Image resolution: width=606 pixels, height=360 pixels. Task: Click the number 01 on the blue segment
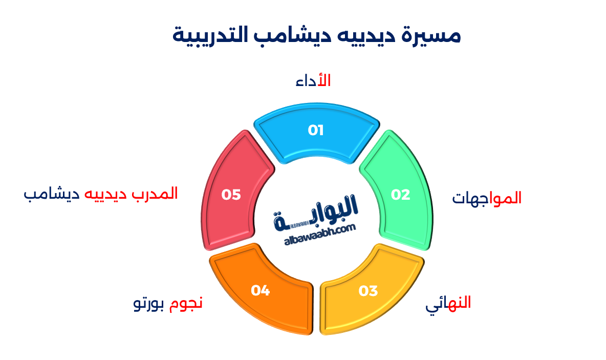[316, 131]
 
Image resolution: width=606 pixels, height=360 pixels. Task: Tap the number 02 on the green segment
[401, 195]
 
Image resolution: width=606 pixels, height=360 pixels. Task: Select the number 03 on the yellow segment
[368, 291]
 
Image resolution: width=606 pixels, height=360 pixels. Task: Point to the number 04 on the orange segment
[260, 290]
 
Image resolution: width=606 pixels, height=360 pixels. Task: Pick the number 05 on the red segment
[231, 195]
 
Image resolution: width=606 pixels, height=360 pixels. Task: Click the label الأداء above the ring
[313, 81]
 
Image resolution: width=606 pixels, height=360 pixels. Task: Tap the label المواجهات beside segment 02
[487, 198]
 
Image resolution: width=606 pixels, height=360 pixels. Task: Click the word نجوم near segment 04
[186, 303]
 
